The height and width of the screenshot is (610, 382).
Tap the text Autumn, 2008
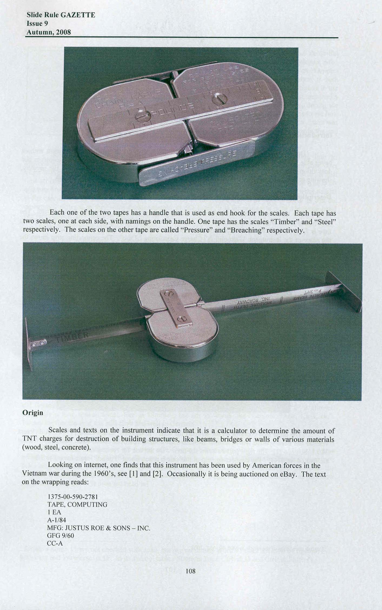click(48, 32)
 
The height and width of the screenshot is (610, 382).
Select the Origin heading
click(33, 412)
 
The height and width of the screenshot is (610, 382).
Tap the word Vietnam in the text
click(34, 474)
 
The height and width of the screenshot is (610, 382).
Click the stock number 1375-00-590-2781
click(72, 497)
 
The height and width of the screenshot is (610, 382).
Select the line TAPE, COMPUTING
click(77, 504)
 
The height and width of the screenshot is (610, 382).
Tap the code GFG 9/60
click(60, 536)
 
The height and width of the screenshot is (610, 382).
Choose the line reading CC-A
click(55, 543)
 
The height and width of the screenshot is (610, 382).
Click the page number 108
click(191, 571)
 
